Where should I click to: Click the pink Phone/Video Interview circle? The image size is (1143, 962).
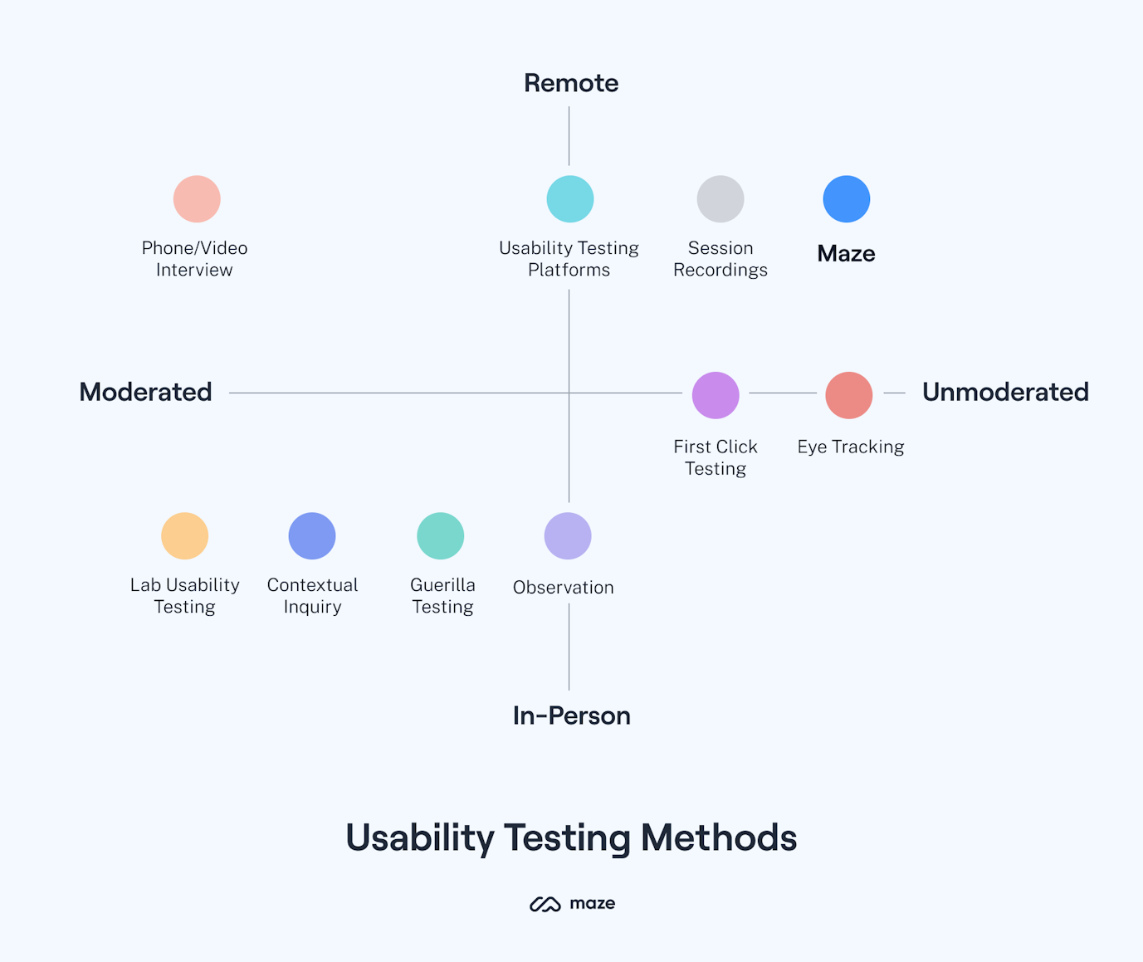point(197,199)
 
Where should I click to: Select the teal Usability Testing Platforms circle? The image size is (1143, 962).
point(570,199)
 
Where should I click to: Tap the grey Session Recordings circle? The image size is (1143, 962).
point(720,199)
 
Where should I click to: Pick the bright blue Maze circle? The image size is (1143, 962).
point(847,199)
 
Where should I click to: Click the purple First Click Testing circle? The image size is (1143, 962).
point(716,395)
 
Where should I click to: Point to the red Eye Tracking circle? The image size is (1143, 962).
point(849,395)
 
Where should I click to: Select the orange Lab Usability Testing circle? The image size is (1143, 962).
point(184,536)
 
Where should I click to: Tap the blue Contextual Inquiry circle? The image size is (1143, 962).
point(312,536)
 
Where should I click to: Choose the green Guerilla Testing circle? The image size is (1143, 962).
point(441,536)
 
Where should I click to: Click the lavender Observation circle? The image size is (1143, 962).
point(568,536)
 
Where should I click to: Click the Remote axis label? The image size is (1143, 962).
point(571,83)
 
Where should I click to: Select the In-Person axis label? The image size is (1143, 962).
point(571,715)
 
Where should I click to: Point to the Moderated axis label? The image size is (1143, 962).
point(145,392)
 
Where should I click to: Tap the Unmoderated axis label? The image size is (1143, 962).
point(1005,392)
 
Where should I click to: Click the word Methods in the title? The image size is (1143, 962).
point(719,837)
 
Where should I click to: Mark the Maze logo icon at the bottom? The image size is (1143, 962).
point(545,904)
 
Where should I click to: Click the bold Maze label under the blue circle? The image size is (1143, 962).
point(846,253)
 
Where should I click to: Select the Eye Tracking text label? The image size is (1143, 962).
point(851,447)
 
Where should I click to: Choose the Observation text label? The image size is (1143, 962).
point(564,588)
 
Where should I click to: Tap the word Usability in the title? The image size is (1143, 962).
point(420,837)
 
